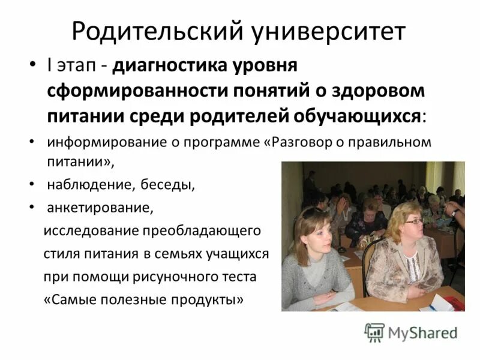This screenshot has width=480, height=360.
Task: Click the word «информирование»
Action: click(98, 143)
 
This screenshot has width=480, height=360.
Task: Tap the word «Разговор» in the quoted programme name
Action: click(306, 143)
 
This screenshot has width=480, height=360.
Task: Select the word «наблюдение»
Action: click(90, 184)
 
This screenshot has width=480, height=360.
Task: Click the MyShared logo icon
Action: click(374, 332)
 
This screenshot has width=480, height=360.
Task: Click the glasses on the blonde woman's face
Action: click(413, 221)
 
